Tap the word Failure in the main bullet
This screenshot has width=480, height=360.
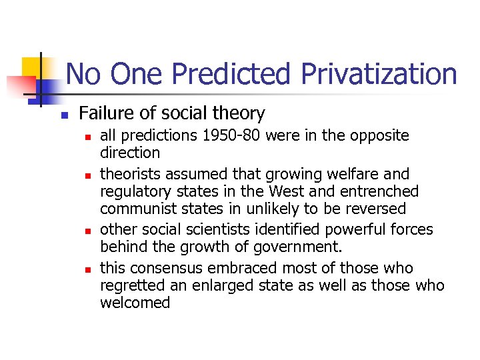[107, 114]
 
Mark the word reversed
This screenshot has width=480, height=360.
[373, 209]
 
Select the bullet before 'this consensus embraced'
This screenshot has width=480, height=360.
[87, 269]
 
